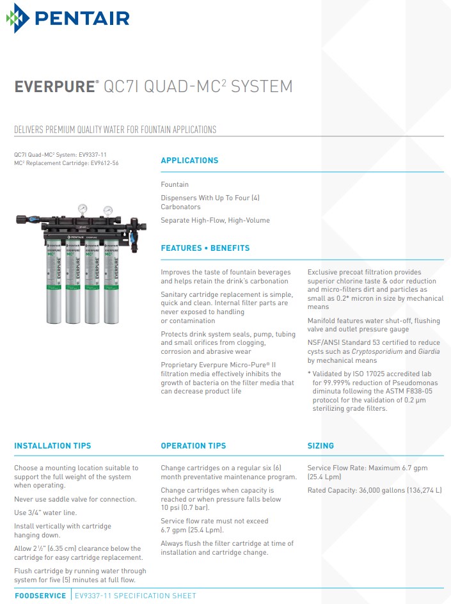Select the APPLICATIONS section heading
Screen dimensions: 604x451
[189, 161]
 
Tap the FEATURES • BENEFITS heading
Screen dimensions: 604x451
[205, 248]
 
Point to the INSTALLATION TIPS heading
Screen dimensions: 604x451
[52, 446]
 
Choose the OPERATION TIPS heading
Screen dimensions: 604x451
[193, 446]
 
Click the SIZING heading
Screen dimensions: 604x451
[320, 446]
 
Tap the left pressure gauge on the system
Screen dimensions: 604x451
[83, 209]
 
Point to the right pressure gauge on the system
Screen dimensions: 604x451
[107, 210]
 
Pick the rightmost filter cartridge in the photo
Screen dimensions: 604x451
[113, 282]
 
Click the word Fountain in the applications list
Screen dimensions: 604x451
[175, 184]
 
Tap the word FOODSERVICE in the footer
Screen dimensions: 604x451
[40, 596]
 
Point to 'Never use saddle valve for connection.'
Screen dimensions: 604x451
[75, 499]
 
